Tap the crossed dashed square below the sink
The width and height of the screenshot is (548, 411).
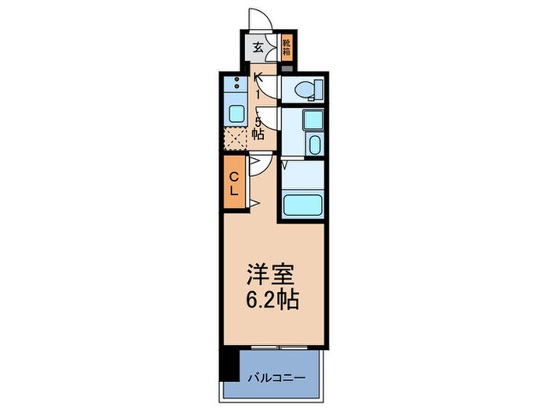[235, 138]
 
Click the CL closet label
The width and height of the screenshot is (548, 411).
[234, 183]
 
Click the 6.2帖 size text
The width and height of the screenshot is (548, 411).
[271, 300]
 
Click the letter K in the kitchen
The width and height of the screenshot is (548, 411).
[258, 78]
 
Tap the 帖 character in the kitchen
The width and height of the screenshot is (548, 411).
[258, 134]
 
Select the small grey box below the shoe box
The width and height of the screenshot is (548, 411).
[287, 67]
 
